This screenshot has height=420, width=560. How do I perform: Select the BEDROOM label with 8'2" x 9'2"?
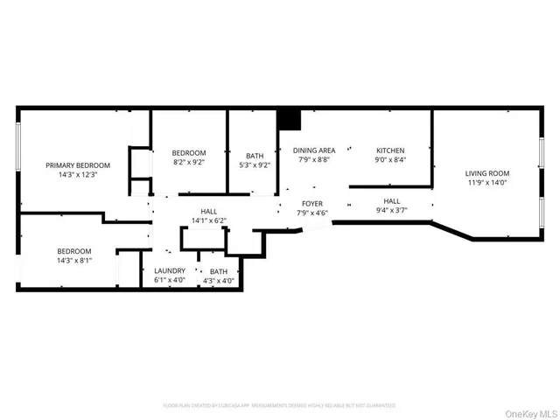pyautogui.click(x=188, y=153)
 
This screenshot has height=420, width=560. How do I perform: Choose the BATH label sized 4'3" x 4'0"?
pyautogui.click(x=218, y=271)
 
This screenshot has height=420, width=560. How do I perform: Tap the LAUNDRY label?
pyautogui.click(x=170, y=271)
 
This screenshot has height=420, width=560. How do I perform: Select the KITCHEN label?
pyautogui.click(x=389, y=150)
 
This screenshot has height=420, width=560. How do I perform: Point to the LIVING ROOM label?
pyautogui.click(x=486, y=172)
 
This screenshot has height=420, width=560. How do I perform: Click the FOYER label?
pyautogui.click(x=312, y=203)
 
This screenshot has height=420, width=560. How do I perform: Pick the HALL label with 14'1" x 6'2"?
pyautogui.click(x=209, y=211)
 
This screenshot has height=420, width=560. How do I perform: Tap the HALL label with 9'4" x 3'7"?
pyautogui.click(x=391, y=200)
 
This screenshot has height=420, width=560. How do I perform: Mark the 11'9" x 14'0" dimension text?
pyautogui.click(x=486, y=183)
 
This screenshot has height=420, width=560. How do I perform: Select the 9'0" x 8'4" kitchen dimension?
pyautogui.click(x=389, y=160)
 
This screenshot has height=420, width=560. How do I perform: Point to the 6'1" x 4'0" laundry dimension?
pyautogui.click(x=170, y=281)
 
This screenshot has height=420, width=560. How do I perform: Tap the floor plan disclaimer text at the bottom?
pyautogui.click(x=279, y=405)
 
